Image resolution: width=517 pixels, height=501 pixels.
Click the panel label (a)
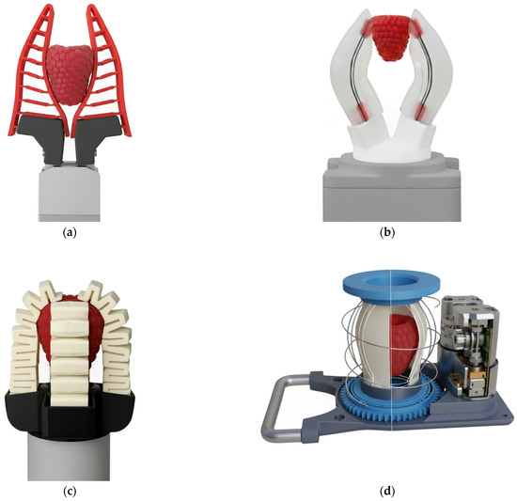point(70,233)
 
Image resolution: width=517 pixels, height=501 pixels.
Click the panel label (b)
point(387,233)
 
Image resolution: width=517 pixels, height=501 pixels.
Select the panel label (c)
point(70,492)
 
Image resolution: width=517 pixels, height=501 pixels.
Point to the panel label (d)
point(387,492)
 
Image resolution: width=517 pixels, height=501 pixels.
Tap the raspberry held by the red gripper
point(70,75)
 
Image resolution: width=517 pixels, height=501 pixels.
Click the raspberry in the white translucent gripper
point(391,39)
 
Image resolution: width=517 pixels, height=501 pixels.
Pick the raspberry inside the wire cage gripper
point(404,345)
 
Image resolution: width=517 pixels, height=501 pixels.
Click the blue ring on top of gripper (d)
point(391,287)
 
